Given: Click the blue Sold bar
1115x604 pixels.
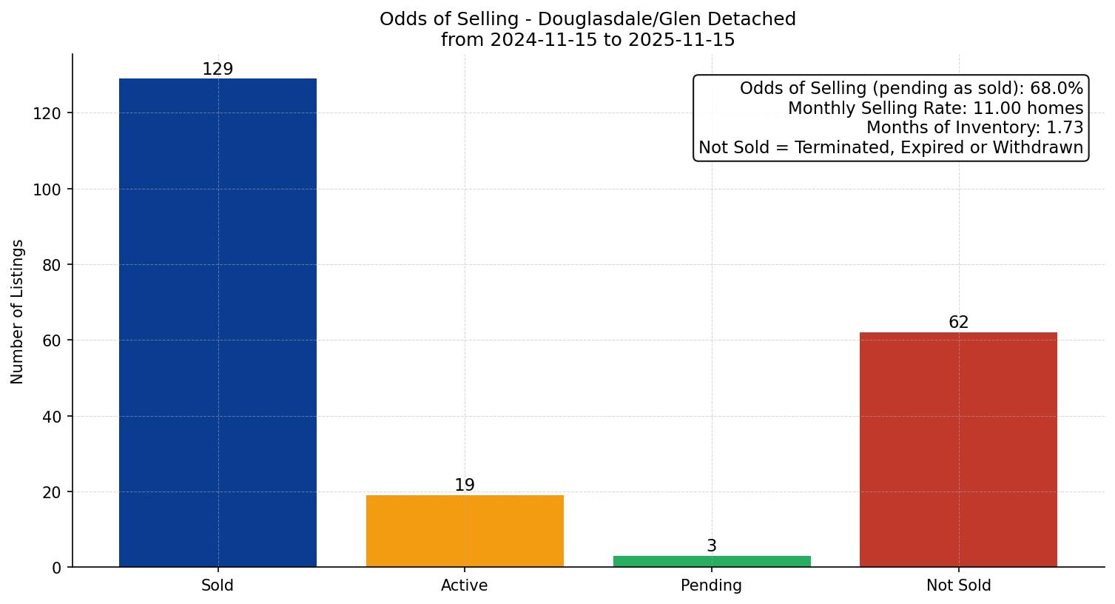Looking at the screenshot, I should [x=218, y=323].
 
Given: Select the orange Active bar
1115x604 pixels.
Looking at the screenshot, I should [x=465, y=531].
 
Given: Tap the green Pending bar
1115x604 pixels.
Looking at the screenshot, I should [x=712, y=561].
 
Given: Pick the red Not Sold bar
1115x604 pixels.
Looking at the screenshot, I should [x=958, y=449].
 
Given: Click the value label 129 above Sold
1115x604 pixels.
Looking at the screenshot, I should [x=218, y=69].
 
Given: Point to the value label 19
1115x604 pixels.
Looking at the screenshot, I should [x=465, y=485].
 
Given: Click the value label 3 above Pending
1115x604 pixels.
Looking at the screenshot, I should [x=712, y=546].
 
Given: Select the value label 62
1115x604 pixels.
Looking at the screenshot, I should [x=958, y=322].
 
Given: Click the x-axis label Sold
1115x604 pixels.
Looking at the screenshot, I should [x=218, y=585].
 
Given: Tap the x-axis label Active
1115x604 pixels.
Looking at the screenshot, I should [x=465, y=585].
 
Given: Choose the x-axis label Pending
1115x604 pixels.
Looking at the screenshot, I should [x=712, y=585].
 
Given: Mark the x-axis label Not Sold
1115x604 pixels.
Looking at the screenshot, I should [x=958, y=585].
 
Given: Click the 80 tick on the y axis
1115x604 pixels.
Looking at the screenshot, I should [x=51, y=265].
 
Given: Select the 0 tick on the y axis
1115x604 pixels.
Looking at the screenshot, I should [x=56, y=568].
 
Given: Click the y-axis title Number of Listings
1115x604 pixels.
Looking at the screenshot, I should [x=18, y=311].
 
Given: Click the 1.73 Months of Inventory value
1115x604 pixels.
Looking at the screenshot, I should [x=1065, y=127].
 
